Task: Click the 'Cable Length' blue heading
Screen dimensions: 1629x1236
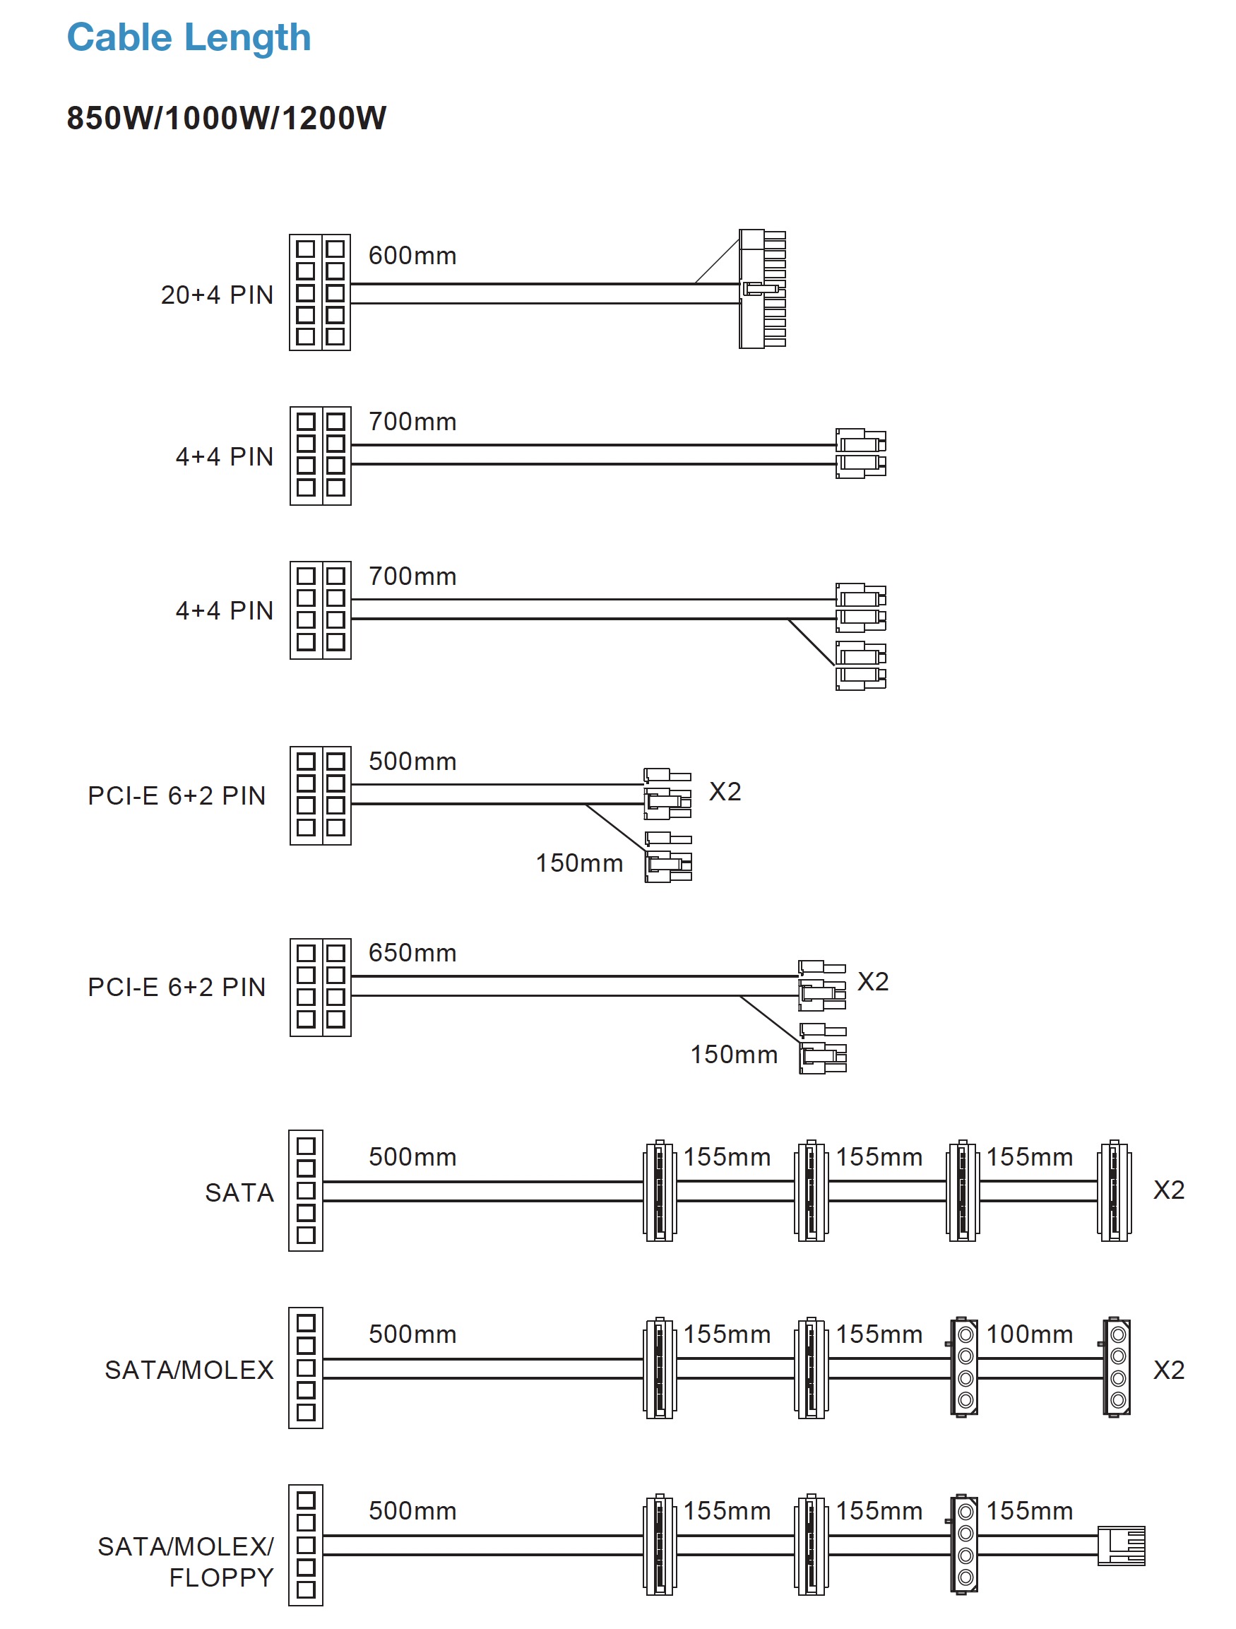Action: pyautogui.click(x=189, y=37)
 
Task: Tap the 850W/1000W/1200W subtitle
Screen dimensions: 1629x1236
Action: pyautogui.click(x=226, y=118)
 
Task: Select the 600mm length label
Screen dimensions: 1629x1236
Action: pyautogui.click(x=412, y=256)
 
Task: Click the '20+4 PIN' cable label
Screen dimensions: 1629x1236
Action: pyautogui.click(x=217, y=295)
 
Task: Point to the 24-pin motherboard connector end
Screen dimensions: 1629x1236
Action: pyautogui.click(x=763, y=289)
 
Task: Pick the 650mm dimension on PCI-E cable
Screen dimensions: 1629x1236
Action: pyautogui.click(x=412, y=952)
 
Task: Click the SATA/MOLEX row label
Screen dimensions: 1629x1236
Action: pyautogui.click(x=189, y=1369)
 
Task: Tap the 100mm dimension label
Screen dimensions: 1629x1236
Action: pyautogui.click(x=1029, y=1334)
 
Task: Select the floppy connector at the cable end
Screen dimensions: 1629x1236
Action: pyautogui.click(x=1121, y=1544)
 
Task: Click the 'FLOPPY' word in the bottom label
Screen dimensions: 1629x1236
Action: pyautogui.click(x=222, y=1577)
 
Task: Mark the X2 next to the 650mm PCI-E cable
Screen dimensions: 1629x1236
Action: pyautogui.click(x=873, y=981)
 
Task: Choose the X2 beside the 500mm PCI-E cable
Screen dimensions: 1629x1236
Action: pyautogui.click(x=725, y=791)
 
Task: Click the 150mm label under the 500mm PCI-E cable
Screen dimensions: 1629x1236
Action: pyautogui.click(x=579, y=863)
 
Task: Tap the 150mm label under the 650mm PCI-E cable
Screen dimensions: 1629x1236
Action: pyautogui.click(x=734, y=1054)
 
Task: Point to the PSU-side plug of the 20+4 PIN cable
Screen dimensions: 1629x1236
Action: pyautogui.click(x=319, y=292)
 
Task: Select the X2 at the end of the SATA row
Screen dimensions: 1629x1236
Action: pyautogui.click(x=1169, y=1190)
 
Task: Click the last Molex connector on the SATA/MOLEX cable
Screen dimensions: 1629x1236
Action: pyautogui.click(x=1117, y=1366)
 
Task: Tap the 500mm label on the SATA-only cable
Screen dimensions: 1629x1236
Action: pyautogui.click(x=412, y=1156)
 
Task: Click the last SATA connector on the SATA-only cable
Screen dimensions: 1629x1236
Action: pyautogui.click(x=1115, y=1190)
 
